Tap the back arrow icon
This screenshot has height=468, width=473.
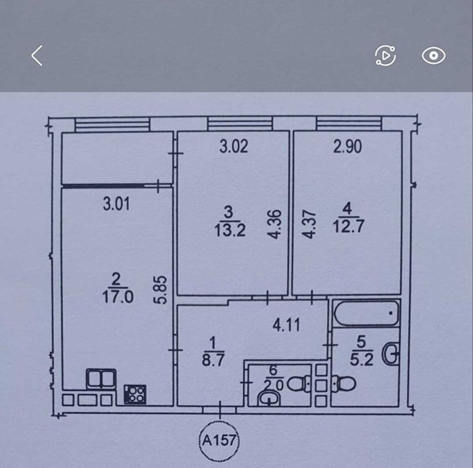[37, 56]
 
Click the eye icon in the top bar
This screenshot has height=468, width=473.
[433, 56]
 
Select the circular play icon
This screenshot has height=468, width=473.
[385, 56]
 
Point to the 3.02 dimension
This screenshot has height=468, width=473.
[234, 147]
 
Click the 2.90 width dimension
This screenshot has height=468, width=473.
[347, 147]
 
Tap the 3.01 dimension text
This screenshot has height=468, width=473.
[116, 204]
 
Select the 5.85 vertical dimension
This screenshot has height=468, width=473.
[161, 290]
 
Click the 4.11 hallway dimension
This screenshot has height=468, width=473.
[286, 325]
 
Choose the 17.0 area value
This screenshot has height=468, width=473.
[118, 297]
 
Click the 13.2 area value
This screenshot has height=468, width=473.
[230, 230]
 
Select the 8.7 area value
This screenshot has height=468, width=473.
[213, 360]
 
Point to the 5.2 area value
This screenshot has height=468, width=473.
[361, 359]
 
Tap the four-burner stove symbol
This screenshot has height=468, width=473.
[135, 394]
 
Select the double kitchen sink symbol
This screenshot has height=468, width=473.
[101, 379]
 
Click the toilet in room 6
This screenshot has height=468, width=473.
[299, 385]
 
